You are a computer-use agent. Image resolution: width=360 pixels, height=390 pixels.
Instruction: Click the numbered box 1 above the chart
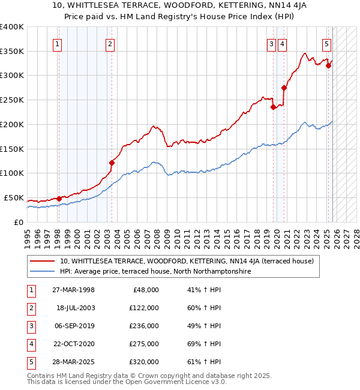coord(57,43)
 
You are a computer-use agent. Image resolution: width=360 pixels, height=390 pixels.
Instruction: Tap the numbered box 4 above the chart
coord(282,43)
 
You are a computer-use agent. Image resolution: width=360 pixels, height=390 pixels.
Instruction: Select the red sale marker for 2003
coord(112,162)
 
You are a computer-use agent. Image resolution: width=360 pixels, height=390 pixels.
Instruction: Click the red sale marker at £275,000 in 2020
coord(284,88)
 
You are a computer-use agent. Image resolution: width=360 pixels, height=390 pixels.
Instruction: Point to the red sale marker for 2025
coord(328,65)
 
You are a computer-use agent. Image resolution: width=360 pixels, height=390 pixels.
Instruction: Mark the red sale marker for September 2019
coord(273,107)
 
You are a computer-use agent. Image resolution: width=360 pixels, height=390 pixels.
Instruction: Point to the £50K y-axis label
coord(14,197)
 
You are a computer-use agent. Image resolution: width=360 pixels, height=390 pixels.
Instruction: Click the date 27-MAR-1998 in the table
coord(75,290)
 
